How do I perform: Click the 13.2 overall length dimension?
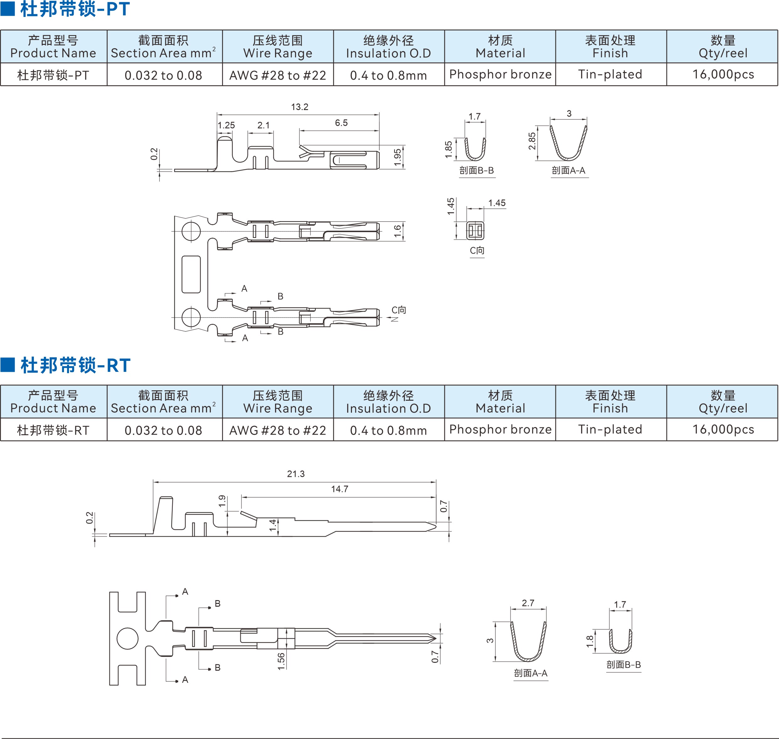299,107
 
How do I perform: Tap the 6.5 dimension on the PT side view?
341,123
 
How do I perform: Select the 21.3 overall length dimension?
295,473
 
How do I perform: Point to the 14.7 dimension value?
339,489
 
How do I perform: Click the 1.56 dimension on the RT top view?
281,661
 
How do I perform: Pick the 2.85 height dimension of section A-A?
532,141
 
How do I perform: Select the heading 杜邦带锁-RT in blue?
75,365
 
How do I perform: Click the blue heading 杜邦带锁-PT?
75,9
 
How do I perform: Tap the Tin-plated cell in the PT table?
610,74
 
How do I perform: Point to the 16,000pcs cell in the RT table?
723,429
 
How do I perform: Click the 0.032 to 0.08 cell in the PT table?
163,75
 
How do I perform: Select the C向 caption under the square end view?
477,251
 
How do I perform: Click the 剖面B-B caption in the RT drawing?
623,665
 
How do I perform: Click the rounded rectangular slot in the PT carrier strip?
191,274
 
